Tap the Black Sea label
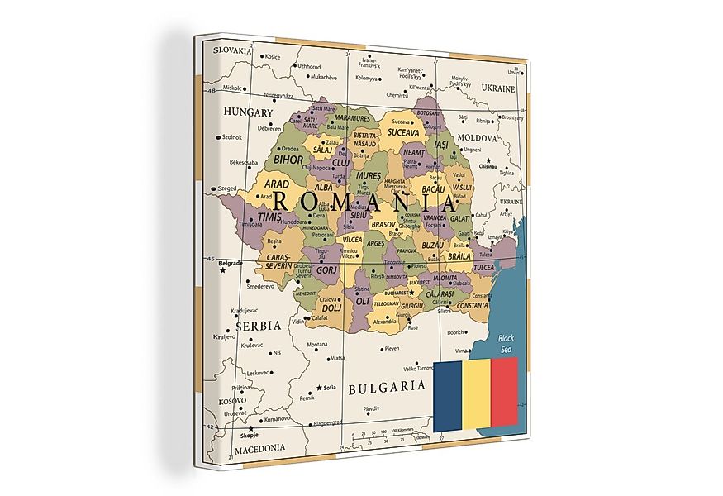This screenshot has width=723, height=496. (506, 343)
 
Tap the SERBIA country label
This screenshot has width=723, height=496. (258, 326)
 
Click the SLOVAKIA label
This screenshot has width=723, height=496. (232, 50)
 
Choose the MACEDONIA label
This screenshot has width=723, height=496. (259, 447)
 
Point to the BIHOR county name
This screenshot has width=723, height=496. (288, 159)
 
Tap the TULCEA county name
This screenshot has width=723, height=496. (483, 268)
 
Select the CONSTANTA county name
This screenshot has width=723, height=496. (472, 305)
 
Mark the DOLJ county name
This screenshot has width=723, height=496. (332, 308)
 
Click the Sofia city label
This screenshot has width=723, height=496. (328, 387)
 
